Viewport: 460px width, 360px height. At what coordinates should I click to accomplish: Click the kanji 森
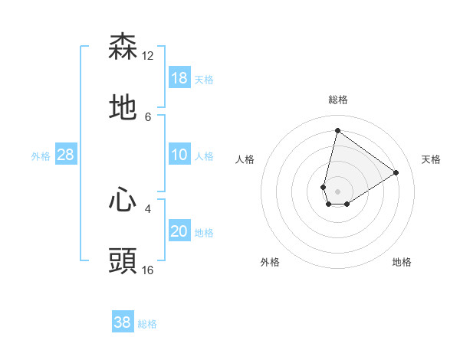(123, 47)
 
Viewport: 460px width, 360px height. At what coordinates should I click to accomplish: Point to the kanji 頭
(123, 261)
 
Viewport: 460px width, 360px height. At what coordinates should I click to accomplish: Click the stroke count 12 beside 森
(148, 56)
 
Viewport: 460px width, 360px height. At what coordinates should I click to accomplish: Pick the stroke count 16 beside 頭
(148, 270)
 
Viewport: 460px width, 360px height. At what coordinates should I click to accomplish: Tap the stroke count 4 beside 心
(148, 208)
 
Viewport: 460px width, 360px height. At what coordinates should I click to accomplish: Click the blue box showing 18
(179, 78)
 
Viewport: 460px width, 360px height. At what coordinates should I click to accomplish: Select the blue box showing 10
(179, 155)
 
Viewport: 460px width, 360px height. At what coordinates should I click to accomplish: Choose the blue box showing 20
(179, 231)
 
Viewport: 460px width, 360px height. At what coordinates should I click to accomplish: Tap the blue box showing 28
(66, 155)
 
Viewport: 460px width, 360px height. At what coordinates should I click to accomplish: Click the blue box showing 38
(123, 322)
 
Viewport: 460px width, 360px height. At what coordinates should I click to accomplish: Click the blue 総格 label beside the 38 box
(147, 324)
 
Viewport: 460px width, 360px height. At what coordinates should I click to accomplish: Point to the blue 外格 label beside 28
(41, 156)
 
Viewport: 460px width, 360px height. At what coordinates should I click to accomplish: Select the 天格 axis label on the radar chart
(431, 159)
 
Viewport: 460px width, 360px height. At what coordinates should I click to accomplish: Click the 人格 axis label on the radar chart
(245, 159)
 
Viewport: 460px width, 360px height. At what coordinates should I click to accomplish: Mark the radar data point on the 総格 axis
(337, 130)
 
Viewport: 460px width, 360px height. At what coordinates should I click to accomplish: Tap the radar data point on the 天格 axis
(396, 172)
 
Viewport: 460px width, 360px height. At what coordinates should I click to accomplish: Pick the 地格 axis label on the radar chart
(402, 263)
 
